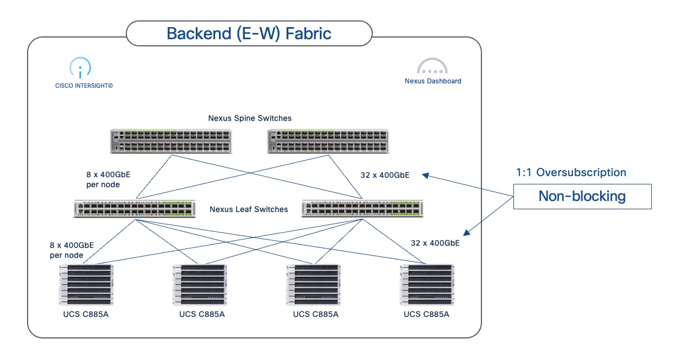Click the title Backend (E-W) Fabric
pos(249,34)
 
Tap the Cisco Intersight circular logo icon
pos(81,67)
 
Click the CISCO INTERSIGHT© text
pos(84,86)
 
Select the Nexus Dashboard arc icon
pos(432,66)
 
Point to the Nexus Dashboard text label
pos(433,81)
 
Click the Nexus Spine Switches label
pos(250,118)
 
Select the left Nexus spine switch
pos(171,141)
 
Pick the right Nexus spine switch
pos(328,141)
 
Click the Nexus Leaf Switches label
pos(249,209)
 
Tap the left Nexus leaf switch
pos(135,209)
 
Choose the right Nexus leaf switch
pos(362,209)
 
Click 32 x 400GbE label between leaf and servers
pos(435,242)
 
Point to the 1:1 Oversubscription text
pos(571,172)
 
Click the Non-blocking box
pos(582,197)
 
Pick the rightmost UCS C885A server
pos(427,285)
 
